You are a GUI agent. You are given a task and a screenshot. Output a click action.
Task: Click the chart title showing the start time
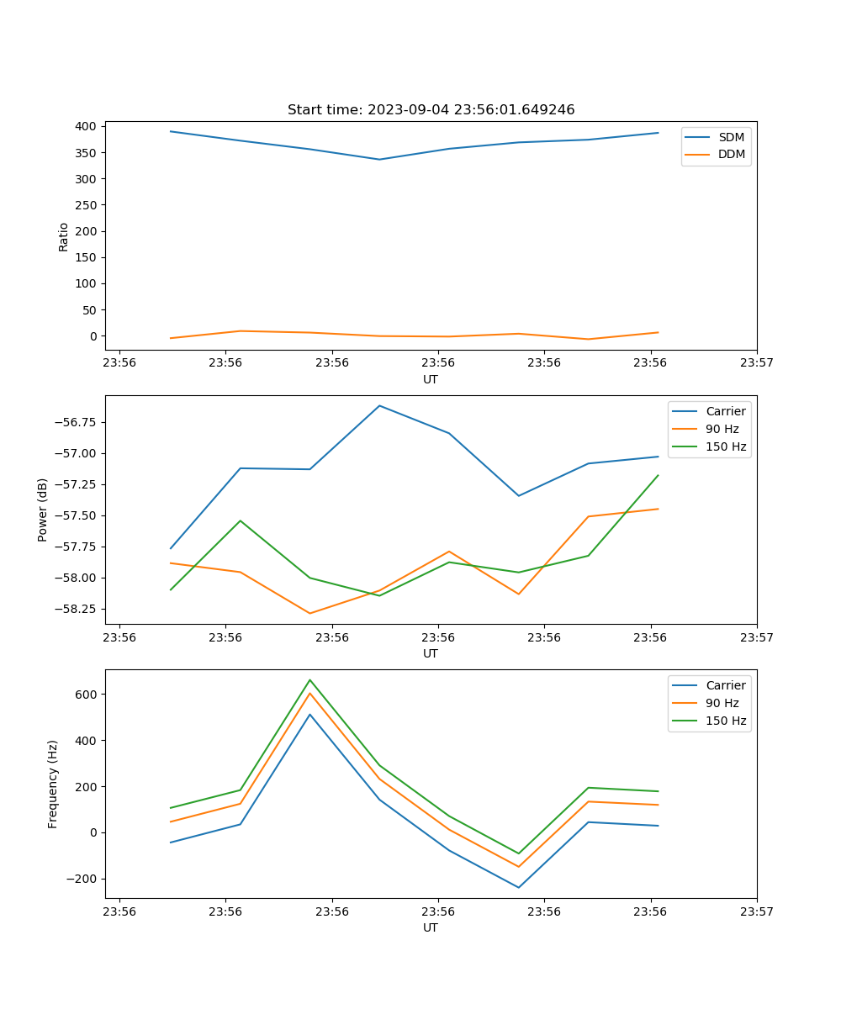click(x=431, y=110)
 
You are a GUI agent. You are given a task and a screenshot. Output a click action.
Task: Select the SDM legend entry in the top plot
click(x=731, y=137)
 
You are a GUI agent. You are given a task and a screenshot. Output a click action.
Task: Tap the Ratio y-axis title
click(x=64, y=236)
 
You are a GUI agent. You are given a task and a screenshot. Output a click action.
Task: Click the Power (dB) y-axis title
click(x=43, y=510)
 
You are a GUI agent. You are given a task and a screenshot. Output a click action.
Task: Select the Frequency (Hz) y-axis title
click(x=53, y=784)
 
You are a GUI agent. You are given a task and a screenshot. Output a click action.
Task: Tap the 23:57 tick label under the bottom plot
click(x=757, y=911)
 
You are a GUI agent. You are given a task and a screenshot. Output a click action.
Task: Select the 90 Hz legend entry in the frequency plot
click(x=722, y=703)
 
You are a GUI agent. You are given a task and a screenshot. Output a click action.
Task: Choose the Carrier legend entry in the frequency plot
click(x=725, y=685)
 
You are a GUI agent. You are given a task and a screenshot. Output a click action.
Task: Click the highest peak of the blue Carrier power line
click(x=379, y=406)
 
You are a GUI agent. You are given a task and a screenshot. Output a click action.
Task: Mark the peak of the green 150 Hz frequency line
click(x=309, y=679)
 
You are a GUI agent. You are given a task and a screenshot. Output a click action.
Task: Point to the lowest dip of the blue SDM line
click(x=379, y=159)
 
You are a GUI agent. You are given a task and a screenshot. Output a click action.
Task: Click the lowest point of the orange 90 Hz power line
click(x=309, y=613)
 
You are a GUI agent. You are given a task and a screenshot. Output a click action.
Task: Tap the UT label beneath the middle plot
click(x=431, y=653)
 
